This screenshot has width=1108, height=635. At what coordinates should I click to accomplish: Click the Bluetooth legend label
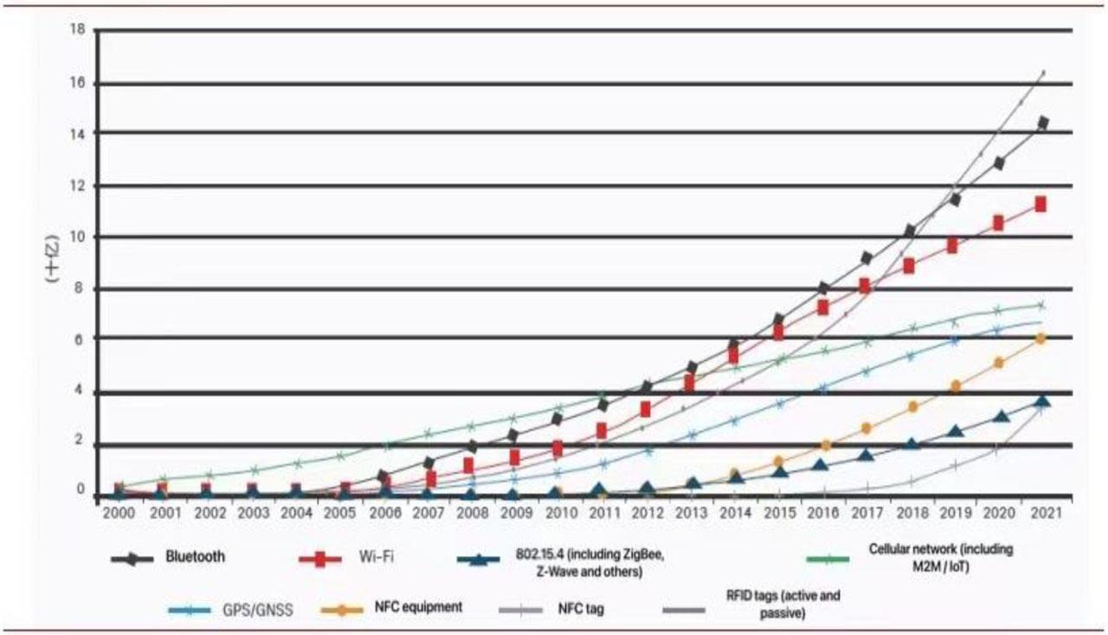(195, 556)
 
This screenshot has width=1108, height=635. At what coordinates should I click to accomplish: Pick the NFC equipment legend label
(418, 607)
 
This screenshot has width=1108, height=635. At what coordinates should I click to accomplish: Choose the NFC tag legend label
(582, 608)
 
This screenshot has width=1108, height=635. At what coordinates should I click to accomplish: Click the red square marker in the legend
(320, 558)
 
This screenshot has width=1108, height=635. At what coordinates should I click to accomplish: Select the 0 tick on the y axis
(80, 491)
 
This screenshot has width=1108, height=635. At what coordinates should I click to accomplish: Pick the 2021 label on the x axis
(1040, 512)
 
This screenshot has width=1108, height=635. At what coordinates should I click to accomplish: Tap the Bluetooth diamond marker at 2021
(1042, 123)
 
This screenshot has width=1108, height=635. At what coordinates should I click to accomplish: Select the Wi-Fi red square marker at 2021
(1040, 204)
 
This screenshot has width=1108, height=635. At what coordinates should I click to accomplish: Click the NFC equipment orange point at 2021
(1040, 339)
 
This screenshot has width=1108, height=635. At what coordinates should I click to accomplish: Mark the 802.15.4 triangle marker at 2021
(1042, 401)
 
